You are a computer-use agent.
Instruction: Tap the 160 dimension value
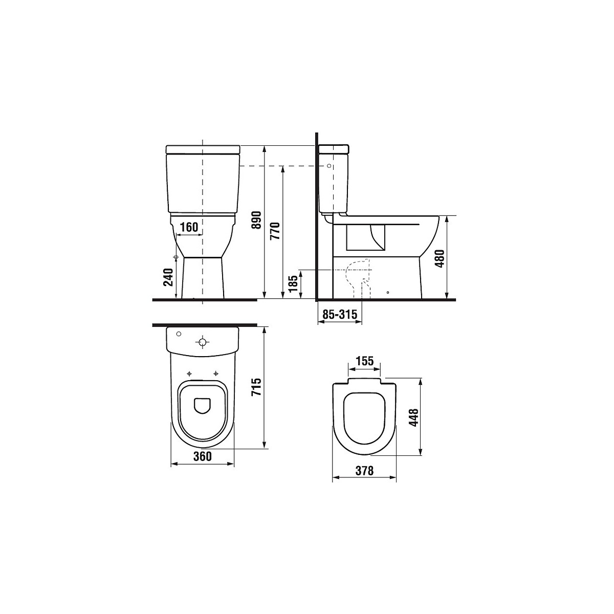[189, 227]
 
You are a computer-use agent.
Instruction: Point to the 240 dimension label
[168, 277]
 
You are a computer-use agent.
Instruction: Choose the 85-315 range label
[339, 315]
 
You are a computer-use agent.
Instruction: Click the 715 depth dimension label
[256, 387]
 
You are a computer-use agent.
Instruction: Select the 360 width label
[202, 456]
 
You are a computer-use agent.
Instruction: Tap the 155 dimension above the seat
[364, 361]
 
